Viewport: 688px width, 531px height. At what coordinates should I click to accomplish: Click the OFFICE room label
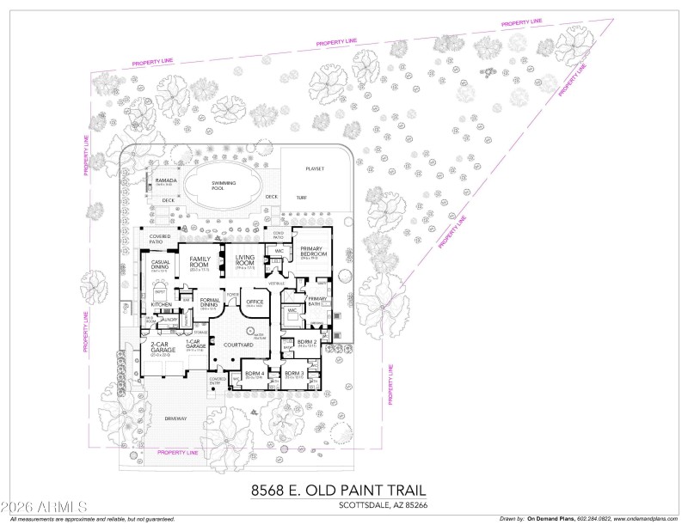pos(255,302)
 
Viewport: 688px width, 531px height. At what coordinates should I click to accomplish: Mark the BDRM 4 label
pos(254,374)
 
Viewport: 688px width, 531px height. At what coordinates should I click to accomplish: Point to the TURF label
pos(301,198)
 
